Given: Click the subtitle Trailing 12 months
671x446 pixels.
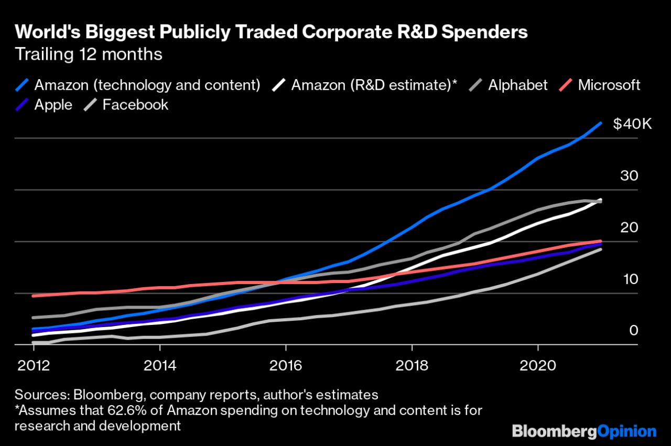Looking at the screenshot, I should coord(89,55).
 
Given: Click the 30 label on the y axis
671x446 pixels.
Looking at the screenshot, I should coord(629,176).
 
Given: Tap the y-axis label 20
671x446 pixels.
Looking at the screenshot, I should coord(629,227).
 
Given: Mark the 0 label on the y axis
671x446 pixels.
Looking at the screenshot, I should coord(634,330).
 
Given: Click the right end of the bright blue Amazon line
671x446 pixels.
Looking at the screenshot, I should coord(600,123).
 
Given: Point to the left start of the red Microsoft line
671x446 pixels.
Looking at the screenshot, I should coord(33,296).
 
